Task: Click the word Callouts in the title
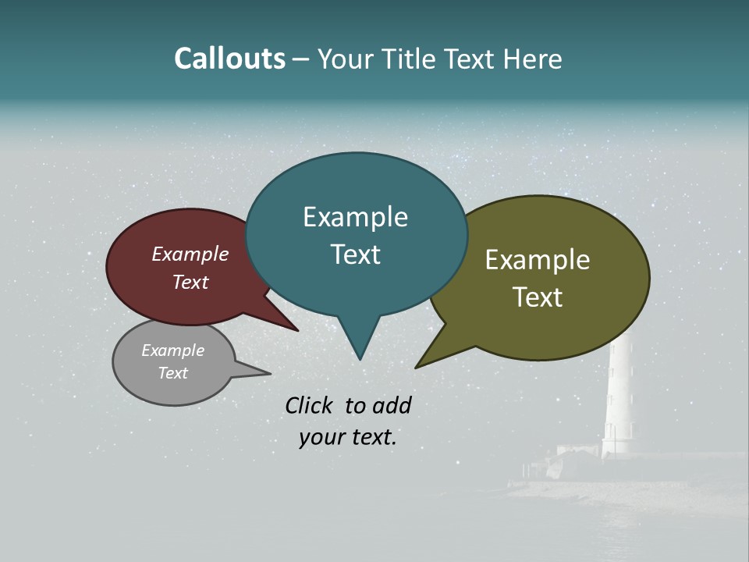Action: [229, 59]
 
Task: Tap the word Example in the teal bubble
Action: [355, 217]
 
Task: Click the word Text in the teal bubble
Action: [355, 254]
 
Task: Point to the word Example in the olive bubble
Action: [538, 260]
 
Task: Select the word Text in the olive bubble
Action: [538, 297]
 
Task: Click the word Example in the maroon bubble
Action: [190, 254]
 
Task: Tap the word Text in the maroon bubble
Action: [190, 282]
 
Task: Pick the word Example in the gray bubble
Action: [173, 350]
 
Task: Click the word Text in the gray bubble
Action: [173, 373]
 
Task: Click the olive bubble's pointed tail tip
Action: [418, 366]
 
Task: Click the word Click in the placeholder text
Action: [311, 405]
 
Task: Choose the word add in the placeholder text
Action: [392, 405]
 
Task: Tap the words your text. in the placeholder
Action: [347, 438]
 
